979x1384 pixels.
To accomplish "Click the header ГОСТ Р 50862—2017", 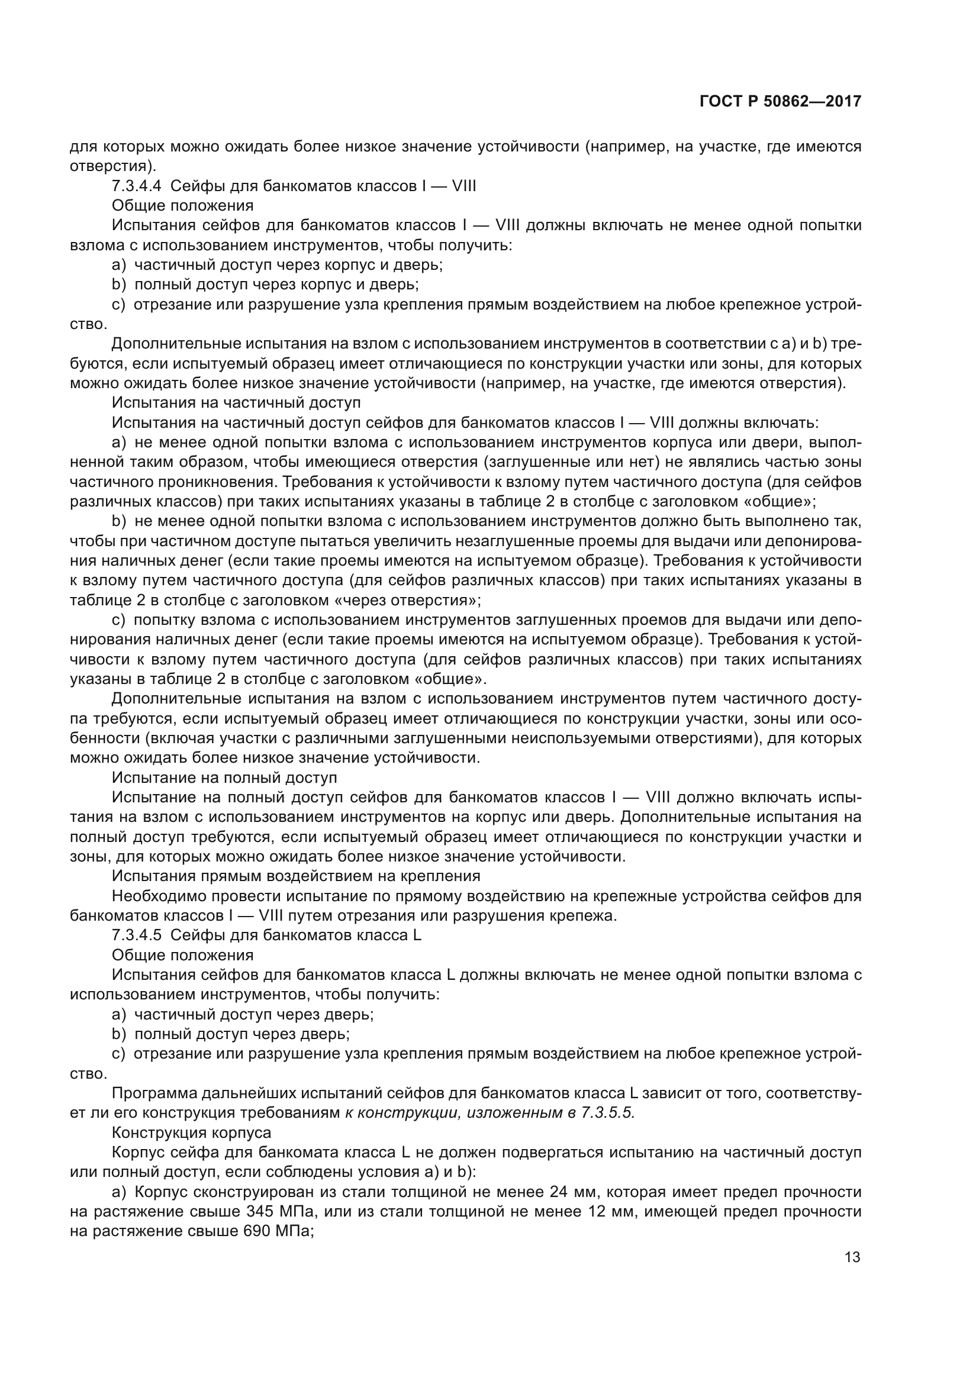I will pos(780,102).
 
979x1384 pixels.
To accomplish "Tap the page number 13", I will pos(852,1257).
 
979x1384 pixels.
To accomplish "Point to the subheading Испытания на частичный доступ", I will pos(236,402).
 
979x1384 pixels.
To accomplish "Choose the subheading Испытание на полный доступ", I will pos(224,778).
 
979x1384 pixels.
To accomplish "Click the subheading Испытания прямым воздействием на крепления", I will pos(295,876).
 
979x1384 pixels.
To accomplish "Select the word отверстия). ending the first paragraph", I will pos(112,166).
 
